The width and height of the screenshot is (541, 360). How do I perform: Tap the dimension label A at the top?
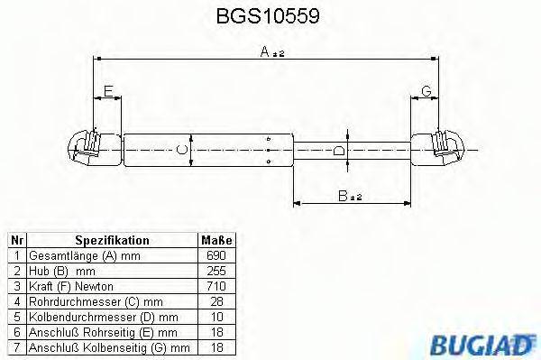(268, 53)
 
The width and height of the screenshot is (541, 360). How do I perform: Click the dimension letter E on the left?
(107, 90)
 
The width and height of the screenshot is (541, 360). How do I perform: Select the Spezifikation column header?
(112, 241)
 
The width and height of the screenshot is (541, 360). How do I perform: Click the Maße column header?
(216, 241)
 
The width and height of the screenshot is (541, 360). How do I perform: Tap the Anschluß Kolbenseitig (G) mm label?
(107, 346)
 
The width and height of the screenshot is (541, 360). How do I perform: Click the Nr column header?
(16, 241)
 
